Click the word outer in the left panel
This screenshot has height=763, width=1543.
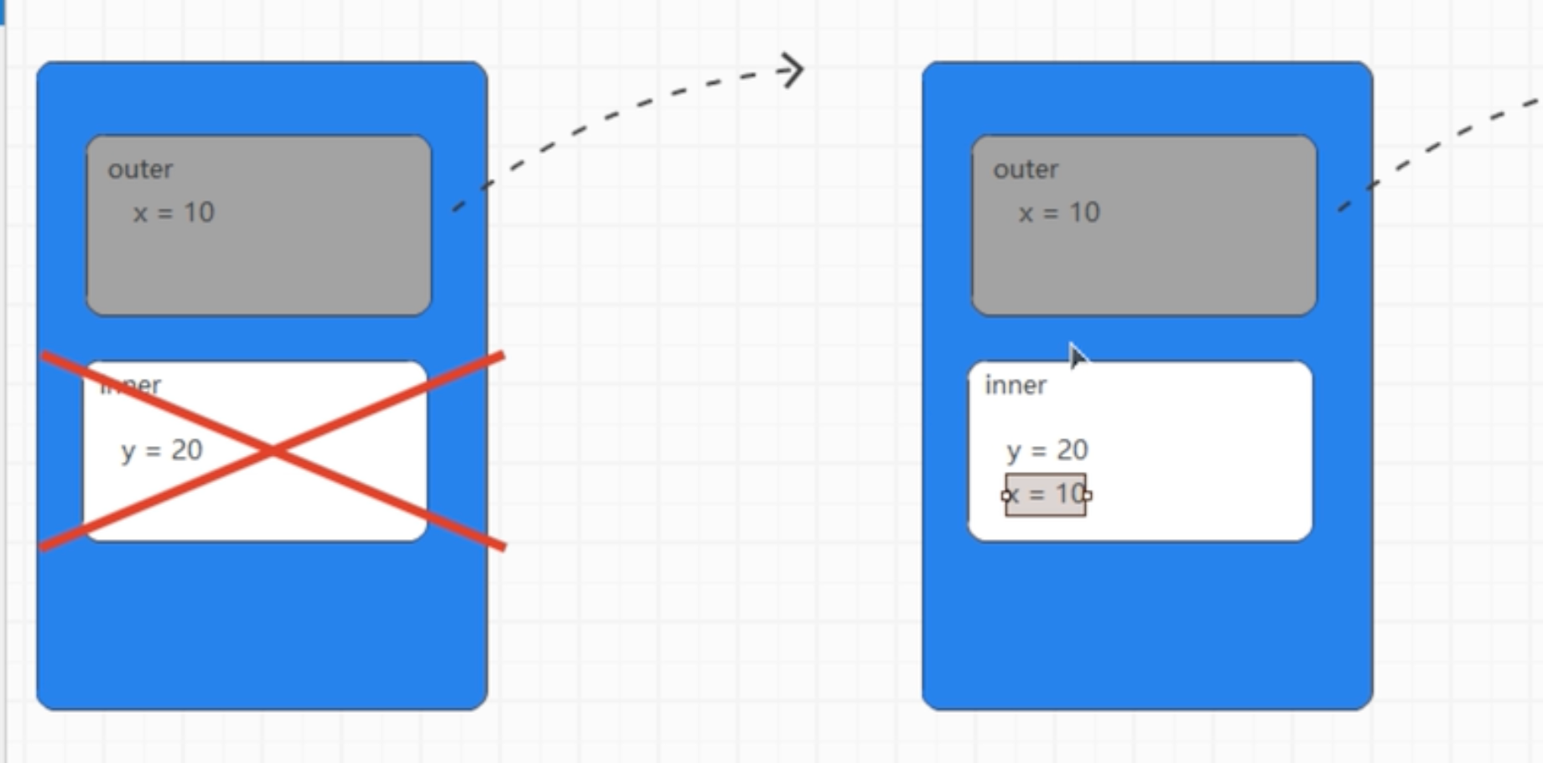pyautogui.click(x=140, y=169)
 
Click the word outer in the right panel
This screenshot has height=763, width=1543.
pyautogui.click(x=1026, y=169)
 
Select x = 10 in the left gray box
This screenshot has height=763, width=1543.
pyautogui.click(x=174, y=213)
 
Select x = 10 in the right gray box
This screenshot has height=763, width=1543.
pyautogui.click(x=1059, y=213)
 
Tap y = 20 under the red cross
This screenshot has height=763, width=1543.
pyautogui.click(x=162, y=451)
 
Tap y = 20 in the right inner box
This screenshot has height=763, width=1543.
pyautogui.click(x=1047, y=451)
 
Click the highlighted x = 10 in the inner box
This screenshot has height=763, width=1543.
pyautogui.click(x=1046, y=495)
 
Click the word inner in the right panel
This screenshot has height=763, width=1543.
pyautogui.click(x=1016, y=385)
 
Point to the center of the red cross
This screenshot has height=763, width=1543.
pyautogui.click(x=273, y=451)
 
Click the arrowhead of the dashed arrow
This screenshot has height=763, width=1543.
pyautogui.click(x=793, y=70)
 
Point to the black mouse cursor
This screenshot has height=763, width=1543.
pyautogui.click(x=1077, y=355)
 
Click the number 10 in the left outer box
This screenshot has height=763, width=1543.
pyautogui.click(x=199, y=213)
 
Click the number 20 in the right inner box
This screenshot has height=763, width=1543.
pyautogui.click(x=1073, y=450)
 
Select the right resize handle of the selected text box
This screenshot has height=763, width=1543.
pyautogui.click(x=1087, y=496)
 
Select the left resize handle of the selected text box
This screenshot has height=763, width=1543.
pyautogui.click(x=1006, y=496)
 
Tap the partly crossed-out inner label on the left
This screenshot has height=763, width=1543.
pyautogui.click(x=131, y=385)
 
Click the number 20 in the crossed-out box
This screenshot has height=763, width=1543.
pyautogui.click(x=187, y=450)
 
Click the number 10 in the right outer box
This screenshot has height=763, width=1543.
pyautogui.click(x=1084, y=213)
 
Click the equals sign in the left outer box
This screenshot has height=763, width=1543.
pyautogui.click(x=165, y=214)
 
